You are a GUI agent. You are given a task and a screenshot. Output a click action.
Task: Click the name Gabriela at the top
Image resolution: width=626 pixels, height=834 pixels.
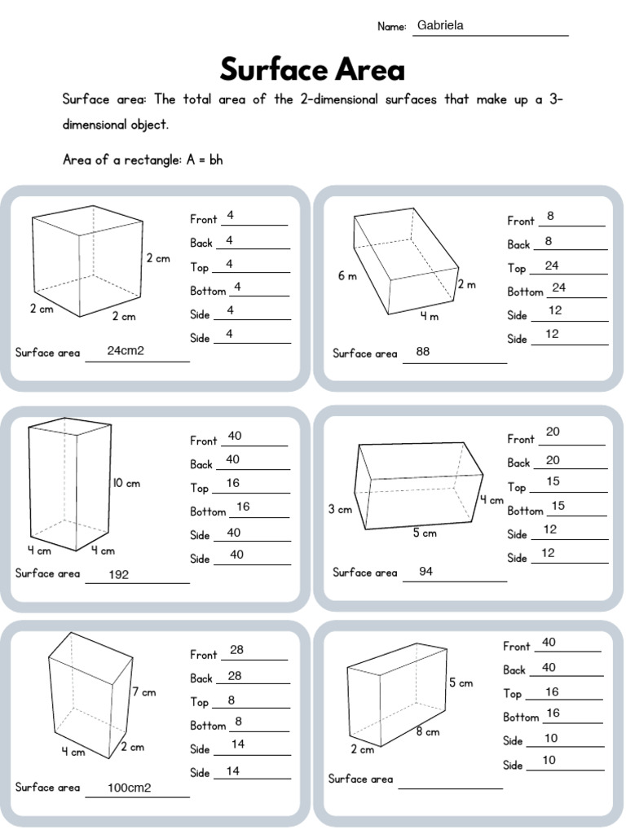440,26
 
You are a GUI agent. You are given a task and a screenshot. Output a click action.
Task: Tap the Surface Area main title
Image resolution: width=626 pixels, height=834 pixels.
312,69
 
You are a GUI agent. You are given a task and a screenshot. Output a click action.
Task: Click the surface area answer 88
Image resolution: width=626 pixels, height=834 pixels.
422,352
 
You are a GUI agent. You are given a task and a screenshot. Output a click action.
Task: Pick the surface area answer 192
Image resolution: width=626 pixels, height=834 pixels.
118,574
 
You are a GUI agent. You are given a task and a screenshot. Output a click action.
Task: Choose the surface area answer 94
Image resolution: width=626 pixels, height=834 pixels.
425,572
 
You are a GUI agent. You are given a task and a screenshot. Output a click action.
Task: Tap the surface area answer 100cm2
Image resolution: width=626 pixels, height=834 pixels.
130,788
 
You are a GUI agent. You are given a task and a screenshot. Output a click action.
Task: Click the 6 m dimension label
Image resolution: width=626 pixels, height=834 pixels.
348,276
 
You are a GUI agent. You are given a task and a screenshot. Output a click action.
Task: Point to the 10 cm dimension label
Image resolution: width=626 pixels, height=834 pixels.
126,483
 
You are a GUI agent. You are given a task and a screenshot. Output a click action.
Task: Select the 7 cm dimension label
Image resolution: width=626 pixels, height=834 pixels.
143,692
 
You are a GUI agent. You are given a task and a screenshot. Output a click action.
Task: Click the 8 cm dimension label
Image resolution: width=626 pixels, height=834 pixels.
427,731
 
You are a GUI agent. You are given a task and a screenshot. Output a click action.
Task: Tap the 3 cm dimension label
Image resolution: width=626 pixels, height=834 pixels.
340,510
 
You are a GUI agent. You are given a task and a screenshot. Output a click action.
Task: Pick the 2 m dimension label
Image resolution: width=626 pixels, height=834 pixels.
466,284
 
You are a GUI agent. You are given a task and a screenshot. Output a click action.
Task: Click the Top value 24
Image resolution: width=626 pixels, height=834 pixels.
552,266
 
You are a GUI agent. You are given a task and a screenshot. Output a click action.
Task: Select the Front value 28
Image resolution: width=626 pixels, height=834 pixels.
237,650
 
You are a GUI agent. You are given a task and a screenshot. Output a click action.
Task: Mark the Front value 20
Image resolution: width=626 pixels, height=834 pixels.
553,432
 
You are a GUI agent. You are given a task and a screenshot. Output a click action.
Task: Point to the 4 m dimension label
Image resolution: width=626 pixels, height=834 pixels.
430,317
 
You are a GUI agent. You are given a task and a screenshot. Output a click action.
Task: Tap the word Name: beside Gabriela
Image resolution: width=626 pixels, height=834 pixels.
391,27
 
